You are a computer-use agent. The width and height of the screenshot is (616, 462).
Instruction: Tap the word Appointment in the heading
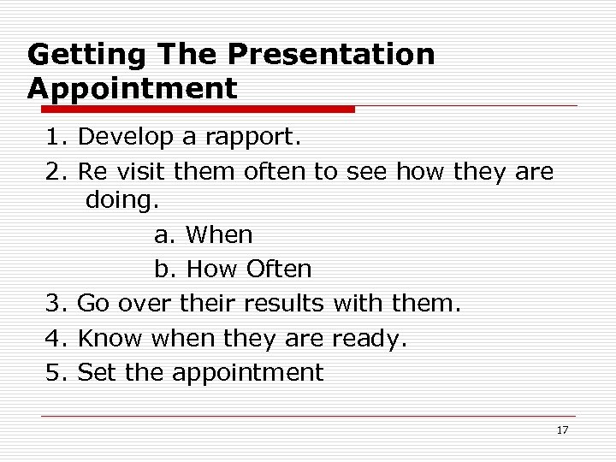coord(132,88)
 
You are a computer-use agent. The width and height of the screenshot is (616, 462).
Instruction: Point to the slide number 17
coord(562,430)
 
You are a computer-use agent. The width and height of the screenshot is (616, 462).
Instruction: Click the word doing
coord(121,202)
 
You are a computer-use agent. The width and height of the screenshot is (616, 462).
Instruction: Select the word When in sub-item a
coord(219,234)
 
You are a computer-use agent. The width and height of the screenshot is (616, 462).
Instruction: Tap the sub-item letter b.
coord(163,269)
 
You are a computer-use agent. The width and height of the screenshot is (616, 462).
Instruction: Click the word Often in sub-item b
coord(279,269)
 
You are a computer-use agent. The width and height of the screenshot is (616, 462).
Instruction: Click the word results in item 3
coord(283,303)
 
